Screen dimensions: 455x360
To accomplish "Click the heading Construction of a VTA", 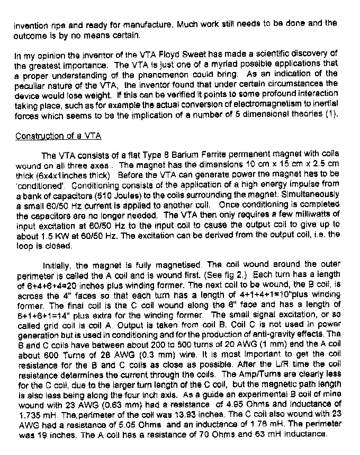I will pyautogui.click(x=58, y=136).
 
